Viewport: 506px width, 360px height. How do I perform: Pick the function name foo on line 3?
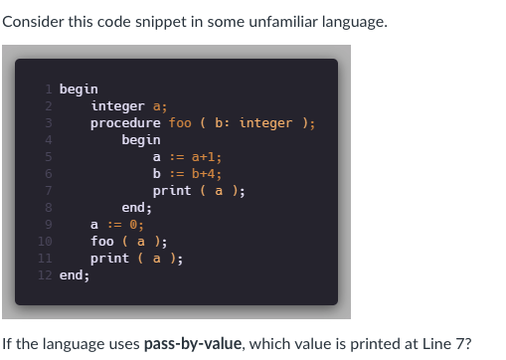point(180,123)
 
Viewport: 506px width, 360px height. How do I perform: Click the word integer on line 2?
point(117,106)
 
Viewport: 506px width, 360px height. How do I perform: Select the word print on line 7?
point(172,191)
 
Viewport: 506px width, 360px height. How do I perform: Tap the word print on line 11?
point(109,259)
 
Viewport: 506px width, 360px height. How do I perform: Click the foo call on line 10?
point(101,242)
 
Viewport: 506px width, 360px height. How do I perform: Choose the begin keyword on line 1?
point(79,90)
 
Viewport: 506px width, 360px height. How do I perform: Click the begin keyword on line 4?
point(141,140)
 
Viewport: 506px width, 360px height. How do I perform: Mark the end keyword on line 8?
point(133,208)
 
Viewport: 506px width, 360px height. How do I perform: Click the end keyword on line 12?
point(71,275)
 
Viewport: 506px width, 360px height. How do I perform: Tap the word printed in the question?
point(368,345)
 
